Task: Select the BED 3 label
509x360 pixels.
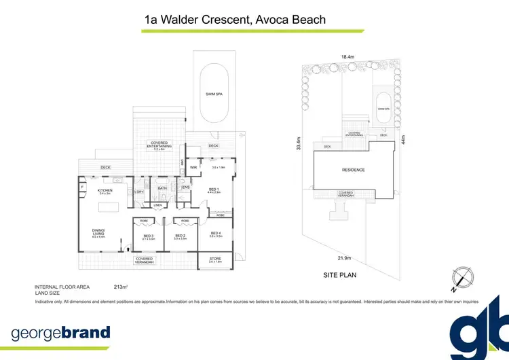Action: pyautogui.click(x=149, y=236)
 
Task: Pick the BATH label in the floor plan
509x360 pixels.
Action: pyautogui.click(x=162, y=188)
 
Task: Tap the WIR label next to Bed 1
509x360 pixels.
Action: pyautogui.click(x=193, y=166)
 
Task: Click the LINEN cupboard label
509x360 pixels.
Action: pyautogui.click(x=157, y=204)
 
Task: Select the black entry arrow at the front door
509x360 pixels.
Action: pyautogui.click(x=129, y=249)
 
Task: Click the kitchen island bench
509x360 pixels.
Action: pyautogui.click(x=109, y=205)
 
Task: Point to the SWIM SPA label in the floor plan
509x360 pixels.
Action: pyautogui.click(x=214, y=94)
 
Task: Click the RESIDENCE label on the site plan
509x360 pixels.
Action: pyautogui.click(x=352, y=170)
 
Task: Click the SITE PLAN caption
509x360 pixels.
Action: pyautogui.click(x=339, y=276)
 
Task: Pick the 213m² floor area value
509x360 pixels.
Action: pyautogui.click(x=121, y=287)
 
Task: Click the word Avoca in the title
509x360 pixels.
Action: pyautogui.click(x=274, y=20)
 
